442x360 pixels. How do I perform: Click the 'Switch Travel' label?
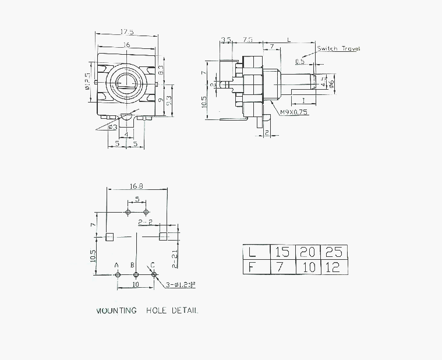click(338, 48)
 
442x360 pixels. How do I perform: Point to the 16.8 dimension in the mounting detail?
click(137, 186)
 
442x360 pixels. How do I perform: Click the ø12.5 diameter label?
click(87, 82)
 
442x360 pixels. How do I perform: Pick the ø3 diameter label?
click(114, 126)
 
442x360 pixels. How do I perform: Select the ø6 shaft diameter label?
click(331, 83)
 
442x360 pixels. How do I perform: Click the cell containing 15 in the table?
click(282, 252)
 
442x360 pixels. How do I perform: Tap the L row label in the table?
click(252, 252)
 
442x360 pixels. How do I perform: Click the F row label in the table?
click(252, 267)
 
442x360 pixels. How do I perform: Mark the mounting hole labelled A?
click(117, 274)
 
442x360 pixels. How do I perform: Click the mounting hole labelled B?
click(136, 274)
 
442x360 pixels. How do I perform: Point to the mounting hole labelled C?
click(154, 274)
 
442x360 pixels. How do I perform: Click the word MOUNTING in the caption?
click(116, 310)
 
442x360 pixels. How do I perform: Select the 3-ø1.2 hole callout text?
click(181, 285)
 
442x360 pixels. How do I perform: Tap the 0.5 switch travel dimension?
click(300, 61)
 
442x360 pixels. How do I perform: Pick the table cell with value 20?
click(309, 252)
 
